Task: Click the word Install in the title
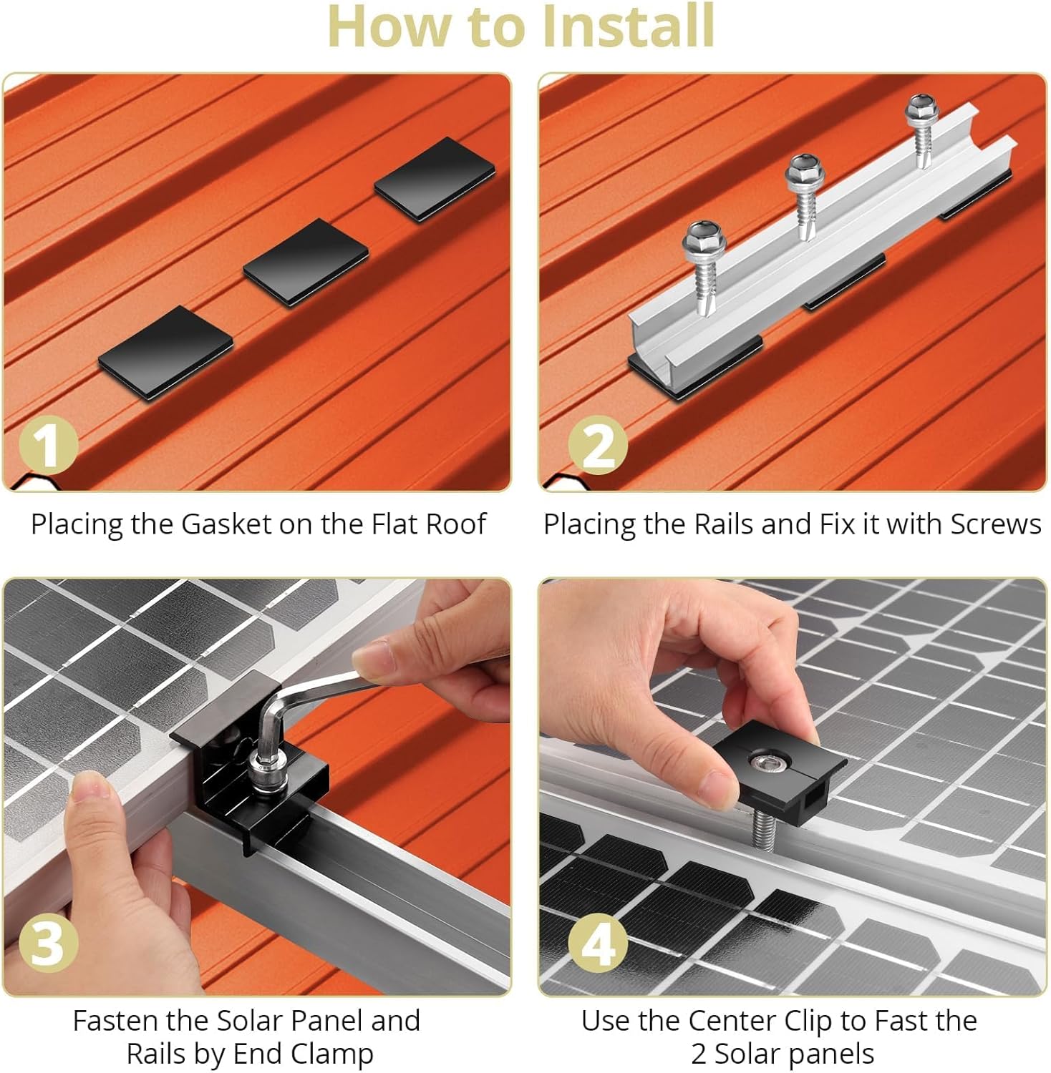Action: [629, 27]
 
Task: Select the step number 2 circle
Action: [598, 446]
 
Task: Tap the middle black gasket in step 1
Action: [306, 263]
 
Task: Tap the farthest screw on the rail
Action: [920, 108]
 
